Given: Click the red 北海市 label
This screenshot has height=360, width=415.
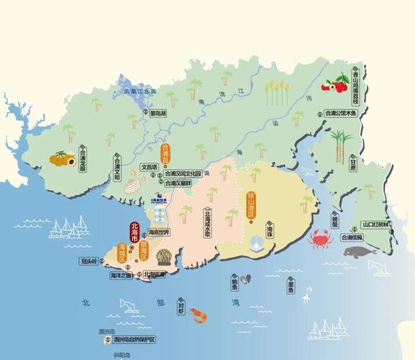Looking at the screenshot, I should point(134,233).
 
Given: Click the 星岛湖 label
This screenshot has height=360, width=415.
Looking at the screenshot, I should point(158,113).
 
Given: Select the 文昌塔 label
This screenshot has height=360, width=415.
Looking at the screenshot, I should point(148,166).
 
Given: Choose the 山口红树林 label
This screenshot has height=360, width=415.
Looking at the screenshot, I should point(376,224).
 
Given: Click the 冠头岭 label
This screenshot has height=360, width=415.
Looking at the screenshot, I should point(89,262).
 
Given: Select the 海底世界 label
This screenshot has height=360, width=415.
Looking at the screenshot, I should point(158,232).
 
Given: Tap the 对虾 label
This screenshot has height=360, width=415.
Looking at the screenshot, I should point(181,307).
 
